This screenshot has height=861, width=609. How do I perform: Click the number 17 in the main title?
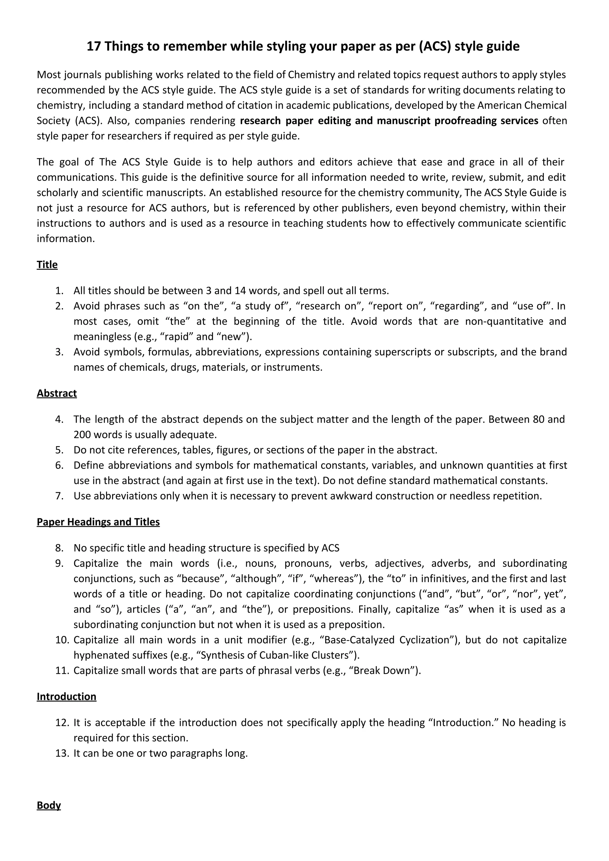pyautogui.click(x=94, y=46)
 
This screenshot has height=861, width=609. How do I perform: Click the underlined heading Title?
pyautogui.click(x=47, y=265)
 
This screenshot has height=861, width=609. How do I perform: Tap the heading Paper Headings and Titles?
pyautogui.click(x=98, y=522)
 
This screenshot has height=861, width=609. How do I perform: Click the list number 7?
pyautogui.click(x=59, y=496)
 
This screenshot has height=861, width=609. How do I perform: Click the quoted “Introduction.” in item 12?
pyautogui.click(x=462, y=723)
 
